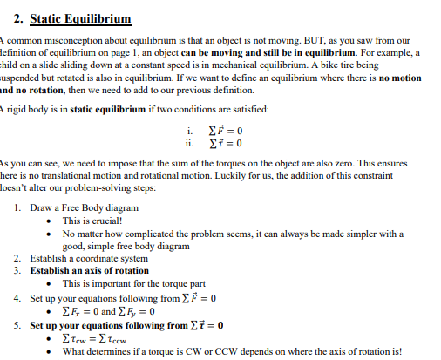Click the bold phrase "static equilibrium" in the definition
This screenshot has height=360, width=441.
click(x=101, y=107)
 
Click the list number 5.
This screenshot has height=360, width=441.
click(x=19, y=324)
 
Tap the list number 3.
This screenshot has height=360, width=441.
click(x=19, y=270)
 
